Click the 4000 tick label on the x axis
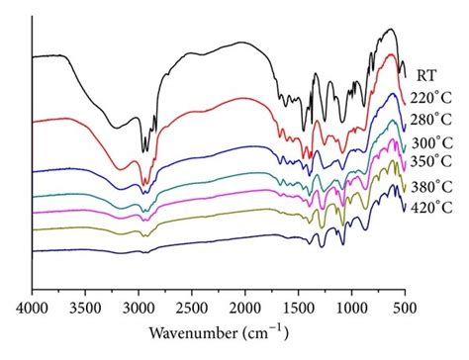pyautogui.click(x=33, y=309)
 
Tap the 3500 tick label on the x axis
pyautogui.click(x=85, y=309)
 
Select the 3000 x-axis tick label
pyautogui.click(x=139, y=309)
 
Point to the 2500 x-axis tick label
pyautogui.click(x=191, y=309)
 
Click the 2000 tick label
pyautogui.click(x=244, y=309)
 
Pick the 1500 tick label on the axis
pyautogui.click(x=298, y=309)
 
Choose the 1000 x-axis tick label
pyautogui.click(x=351, y=309)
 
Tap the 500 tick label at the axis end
pyautogui.click(x=404, y=309)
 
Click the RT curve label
pyautogui.click(x=427, y=73)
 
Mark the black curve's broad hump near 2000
pyautogui.click(x=242, y=43)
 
